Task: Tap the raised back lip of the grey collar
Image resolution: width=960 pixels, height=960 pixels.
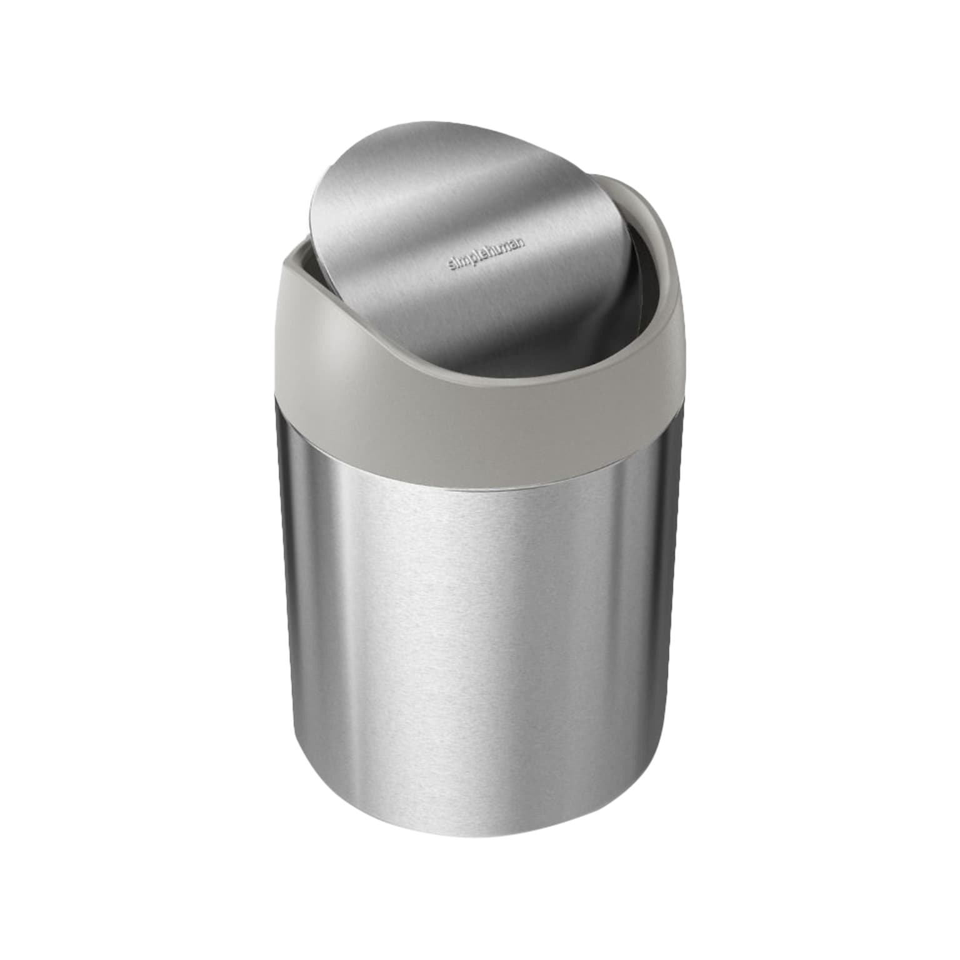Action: [x=619, y=187]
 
